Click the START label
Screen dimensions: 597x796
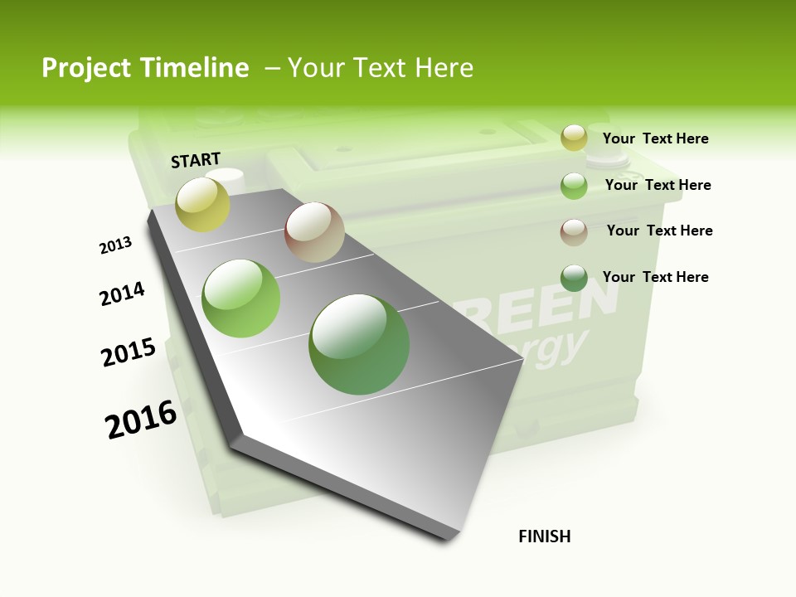tap(196, 159)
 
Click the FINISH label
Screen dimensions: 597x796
tap(544, 536)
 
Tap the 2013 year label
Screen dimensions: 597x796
tap(115, 245)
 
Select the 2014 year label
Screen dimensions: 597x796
tap(122, 294)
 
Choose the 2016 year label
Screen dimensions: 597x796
tap(141, 420)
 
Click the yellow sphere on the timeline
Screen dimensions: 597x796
tap(203, 205)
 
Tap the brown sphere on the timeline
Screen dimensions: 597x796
tap(314, 232)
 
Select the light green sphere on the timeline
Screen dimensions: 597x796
tap(241, 298)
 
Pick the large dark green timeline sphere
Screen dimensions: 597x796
tap(359, 344)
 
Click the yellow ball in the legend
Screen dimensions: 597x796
tap(574, 138)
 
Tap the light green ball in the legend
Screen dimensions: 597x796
tap(574, 186)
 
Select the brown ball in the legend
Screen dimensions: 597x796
tap(574, 232)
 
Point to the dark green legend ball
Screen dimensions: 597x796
tap(574, 278)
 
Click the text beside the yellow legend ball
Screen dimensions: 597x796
tap(655, 138)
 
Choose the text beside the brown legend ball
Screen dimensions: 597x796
tap(659, 231)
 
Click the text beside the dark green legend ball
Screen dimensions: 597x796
tap(655, 277)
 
